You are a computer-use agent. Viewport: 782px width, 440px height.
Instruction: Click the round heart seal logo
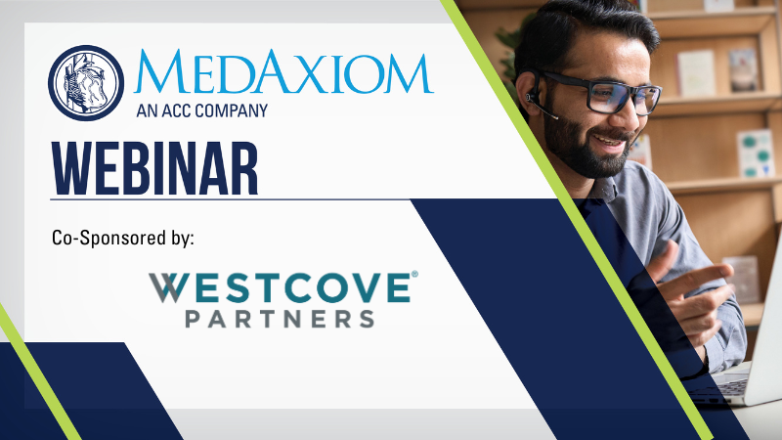86,83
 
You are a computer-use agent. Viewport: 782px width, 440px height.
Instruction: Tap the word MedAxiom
283,71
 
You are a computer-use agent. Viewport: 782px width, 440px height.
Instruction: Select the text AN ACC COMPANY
202,110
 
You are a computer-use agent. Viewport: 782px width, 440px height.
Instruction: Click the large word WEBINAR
154,168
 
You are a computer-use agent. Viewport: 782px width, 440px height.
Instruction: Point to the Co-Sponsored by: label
123,238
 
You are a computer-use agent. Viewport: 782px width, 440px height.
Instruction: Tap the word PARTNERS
280,319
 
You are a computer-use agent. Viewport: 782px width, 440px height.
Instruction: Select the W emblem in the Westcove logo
164,287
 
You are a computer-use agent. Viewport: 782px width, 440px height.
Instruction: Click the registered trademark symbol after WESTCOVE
414,274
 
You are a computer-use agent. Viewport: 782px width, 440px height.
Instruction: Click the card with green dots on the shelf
755,154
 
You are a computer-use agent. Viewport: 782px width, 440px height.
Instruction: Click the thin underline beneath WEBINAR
230,199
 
